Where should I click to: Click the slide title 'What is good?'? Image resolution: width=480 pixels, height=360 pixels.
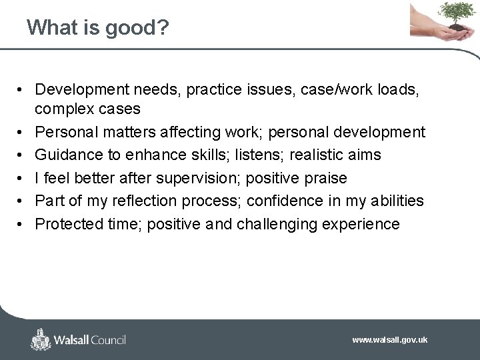click(x=97, y=27)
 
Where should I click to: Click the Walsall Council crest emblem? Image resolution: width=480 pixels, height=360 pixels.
click(x=41, y=339)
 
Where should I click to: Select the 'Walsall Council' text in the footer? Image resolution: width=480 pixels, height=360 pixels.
click(x=90, y=340)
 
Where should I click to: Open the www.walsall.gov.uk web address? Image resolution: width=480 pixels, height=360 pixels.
click(x=389, y=340)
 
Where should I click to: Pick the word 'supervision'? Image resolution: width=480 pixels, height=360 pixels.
click(x=214, y=178)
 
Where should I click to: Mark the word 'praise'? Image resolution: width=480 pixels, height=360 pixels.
click(x=324, y=178)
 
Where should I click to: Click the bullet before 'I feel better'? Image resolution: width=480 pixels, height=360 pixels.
click(x=23, y=179)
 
